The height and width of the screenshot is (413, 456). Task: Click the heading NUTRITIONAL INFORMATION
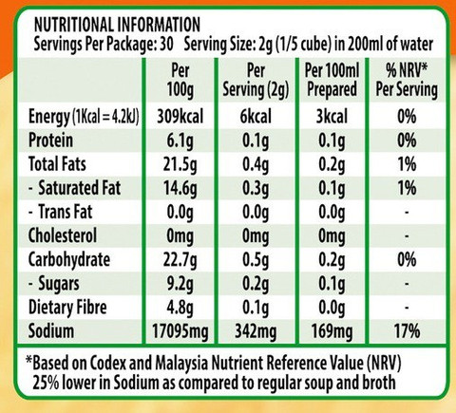117,25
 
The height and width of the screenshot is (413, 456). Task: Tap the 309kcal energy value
180,117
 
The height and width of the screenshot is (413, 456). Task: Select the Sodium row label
51,330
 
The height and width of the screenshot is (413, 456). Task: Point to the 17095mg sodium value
180,331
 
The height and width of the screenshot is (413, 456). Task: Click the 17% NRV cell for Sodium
407,331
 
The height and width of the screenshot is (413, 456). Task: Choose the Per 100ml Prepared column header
332,80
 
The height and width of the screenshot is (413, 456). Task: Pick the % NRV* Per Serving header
407,80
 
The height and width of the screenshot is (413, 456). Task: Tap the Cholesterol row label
63,235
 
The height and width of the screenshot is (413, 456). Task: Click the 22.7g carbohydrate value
180,260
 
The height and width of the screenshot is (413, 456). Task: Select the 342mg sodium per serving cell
256,331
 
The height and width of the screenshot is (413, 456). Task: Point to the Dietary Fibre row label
67,308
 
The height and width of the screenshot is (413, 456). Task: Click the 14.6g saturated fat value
180,189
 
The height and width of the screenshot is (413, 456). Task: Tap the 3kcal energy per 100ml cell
332,117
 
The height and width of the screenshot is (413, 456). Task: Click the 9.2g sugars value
180,284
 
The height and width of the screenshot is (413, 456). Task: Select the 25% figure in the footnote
46,383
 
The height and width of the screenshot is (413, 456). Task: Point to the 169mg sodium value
332,331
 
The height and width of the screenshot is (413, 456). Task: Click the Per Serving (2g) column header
256,80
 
